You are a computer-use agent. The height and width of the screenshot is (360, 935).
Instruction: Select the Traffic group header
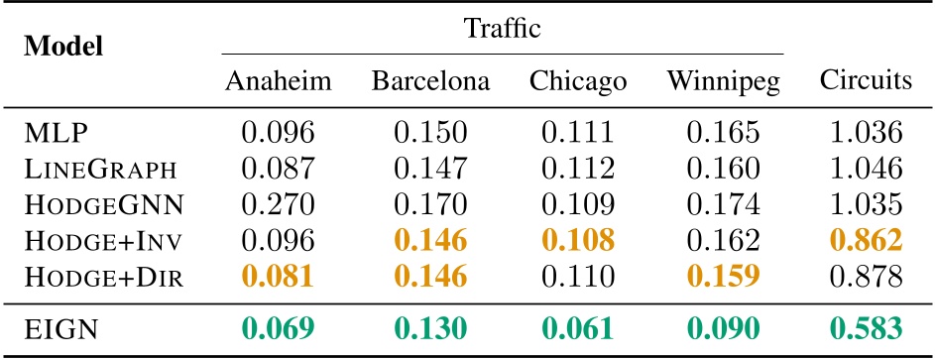pyautogui.click(x=503, y=29)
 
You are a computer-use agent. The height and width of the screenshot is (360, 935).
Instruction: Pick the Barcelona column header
pyautogui.click(x=431, y=81)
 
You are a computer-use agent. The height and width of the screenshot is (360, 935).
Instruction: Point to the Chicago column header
pyautogui.click(x=579, y=81)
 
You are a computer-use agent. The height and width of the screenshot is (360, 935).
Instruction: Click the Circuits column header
pyautogui.click(x=866, y=81)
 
